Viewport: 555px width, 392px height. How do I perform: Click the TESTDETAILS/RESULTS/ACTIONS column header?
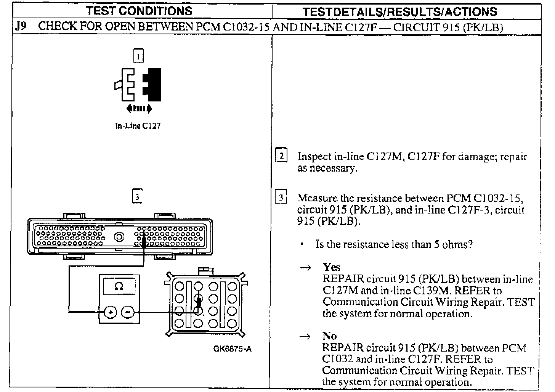pyautogui.click(x=399, y=11)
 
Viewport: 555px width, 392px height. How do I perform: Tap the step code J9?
pyautogui.click(x=21, y=27)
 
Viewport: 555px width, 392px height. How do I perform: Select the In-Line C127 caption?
pyautogui.click(x=138, y=126)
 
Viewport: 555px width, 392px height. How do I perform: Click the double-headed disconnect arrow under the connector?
pyautogui.click(x=139, y=109)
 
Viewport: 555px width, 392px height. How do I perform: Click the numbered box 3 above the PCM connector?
pyautogui.click(x=137, y=196)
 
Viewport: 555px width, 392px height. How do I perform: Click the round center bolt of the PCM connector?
pyautogui.click(x=120, y=237)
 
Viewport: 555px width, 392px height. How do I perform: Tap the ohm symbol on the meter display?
pyautogui.click(x=119, y=286)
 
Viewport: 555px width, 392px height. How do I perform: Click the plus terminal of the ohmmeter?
pyautogui.click(x=111, y=313)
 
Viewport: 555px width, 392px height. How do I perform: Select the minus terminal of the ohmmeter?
pyautogui.click(x=128, y=313)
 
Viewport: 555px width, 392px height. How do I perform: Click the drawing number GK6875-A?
pyautogui.click(x=233, y=349)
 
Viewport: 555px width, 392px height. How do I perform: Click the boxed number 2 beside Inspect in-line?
pyautogui.click(x=281, y=156)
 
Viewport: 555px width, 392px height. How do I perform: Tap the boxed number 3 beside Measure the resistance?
pyautogui.click(x=281, y=198)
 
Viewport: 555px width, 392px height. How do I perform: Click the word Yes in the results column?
pyautogui.click(x=331, y=267)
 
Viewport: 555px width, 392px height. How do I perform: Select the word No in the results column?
pyautogui.click(x=329, y=336)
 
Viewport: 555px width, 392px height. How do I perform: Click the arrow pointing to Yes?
pyautogui.click(x=306, y=268)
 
